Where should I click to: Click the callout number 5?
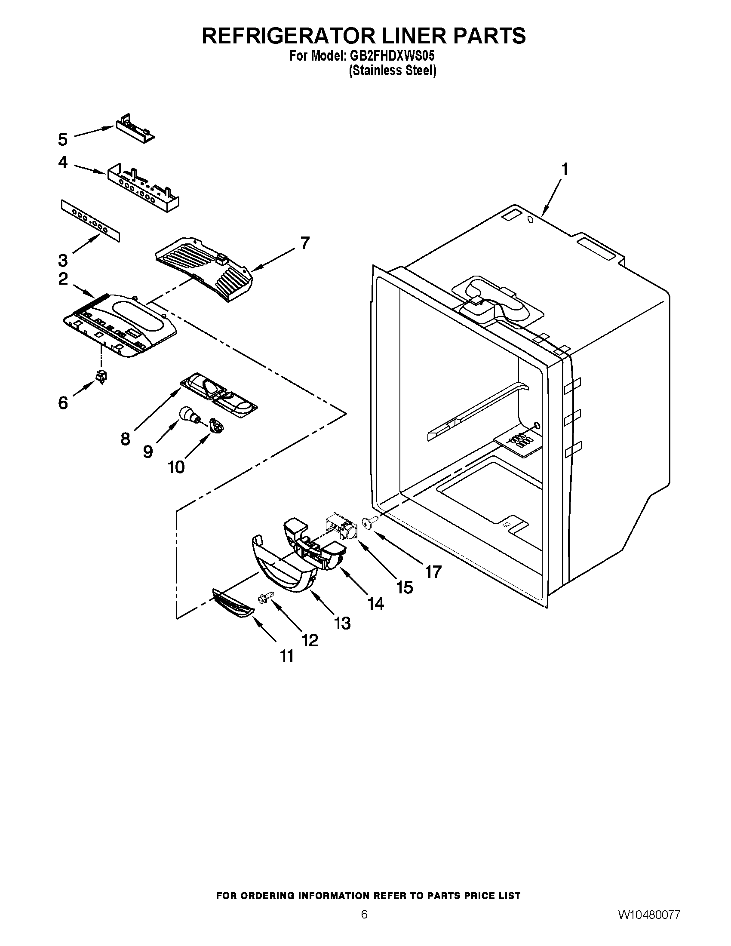pos(63,139)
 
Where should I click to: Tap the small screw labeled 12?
pos(264,598)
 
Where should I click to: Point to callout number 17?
pos(433,572)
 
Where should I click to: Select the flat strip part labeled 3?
pos(90,220)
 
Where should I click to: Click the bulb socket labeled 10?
pos(216,424)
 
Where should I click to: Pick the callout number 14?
pos(375,603)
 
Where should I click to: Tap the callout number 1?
pos(564,169)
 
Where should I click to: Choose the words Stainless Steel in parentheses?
pos(392,70)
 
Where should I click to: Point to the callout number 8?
pos(125,439)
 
